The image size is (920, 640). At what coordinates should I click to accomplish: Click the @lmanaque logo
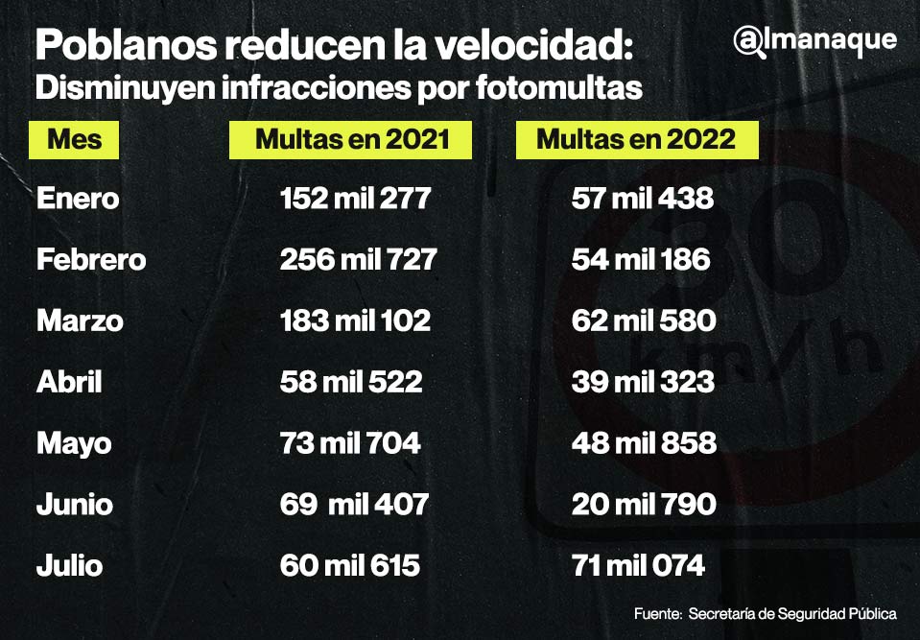coord(814,40)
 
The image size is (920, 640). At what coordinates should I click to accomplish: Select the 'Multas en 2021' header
coord(351,139)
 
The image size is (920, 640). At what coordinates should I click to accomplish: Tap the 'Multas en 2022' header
coord(636,139)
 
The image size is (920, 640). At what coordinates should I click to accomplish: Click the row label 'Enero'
coord(78,199)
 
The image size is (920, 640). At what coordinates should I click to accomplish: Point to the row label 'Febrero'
coord(91,260)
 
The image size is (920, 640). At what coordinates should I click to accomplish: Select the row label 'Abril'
coord(69,382)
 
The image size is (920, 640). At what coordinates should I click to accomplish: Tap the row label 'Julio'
coord(69,566)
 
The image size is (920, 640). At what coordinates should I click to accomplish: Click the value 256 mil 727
coord(358,260)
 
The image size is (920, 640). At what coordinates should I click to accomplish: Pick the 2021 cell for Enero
coord(355,199)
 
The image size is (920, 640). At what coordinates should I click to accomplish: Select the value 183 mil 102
coord(355,320)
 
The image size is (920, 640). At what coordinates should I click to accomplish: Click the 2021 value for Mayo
coord(349,443)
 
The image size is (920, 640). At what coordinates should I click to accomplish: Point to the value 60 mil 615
coord(349,566)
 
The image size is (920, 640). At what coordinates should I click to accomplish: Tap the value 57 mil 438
coord(642,199)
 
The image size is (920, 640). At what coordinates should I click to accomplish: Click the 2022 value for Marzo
coord(643,320)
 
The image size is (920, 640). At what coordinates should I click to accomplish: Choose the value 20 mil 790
coord(643,505)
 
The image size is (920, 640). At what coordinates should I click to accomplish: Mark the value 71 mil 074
coord(638,566)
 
